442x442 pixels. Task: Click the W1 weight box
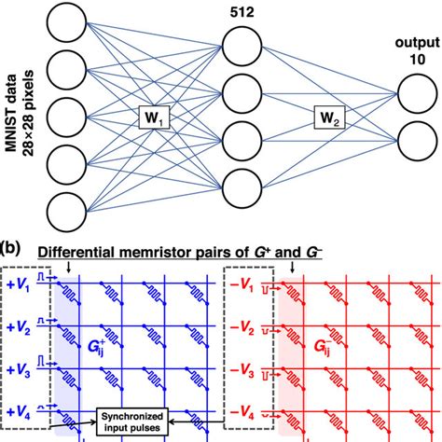(x=153, y=117)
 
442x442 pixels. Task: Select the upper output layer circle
(x=416, y=93)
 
